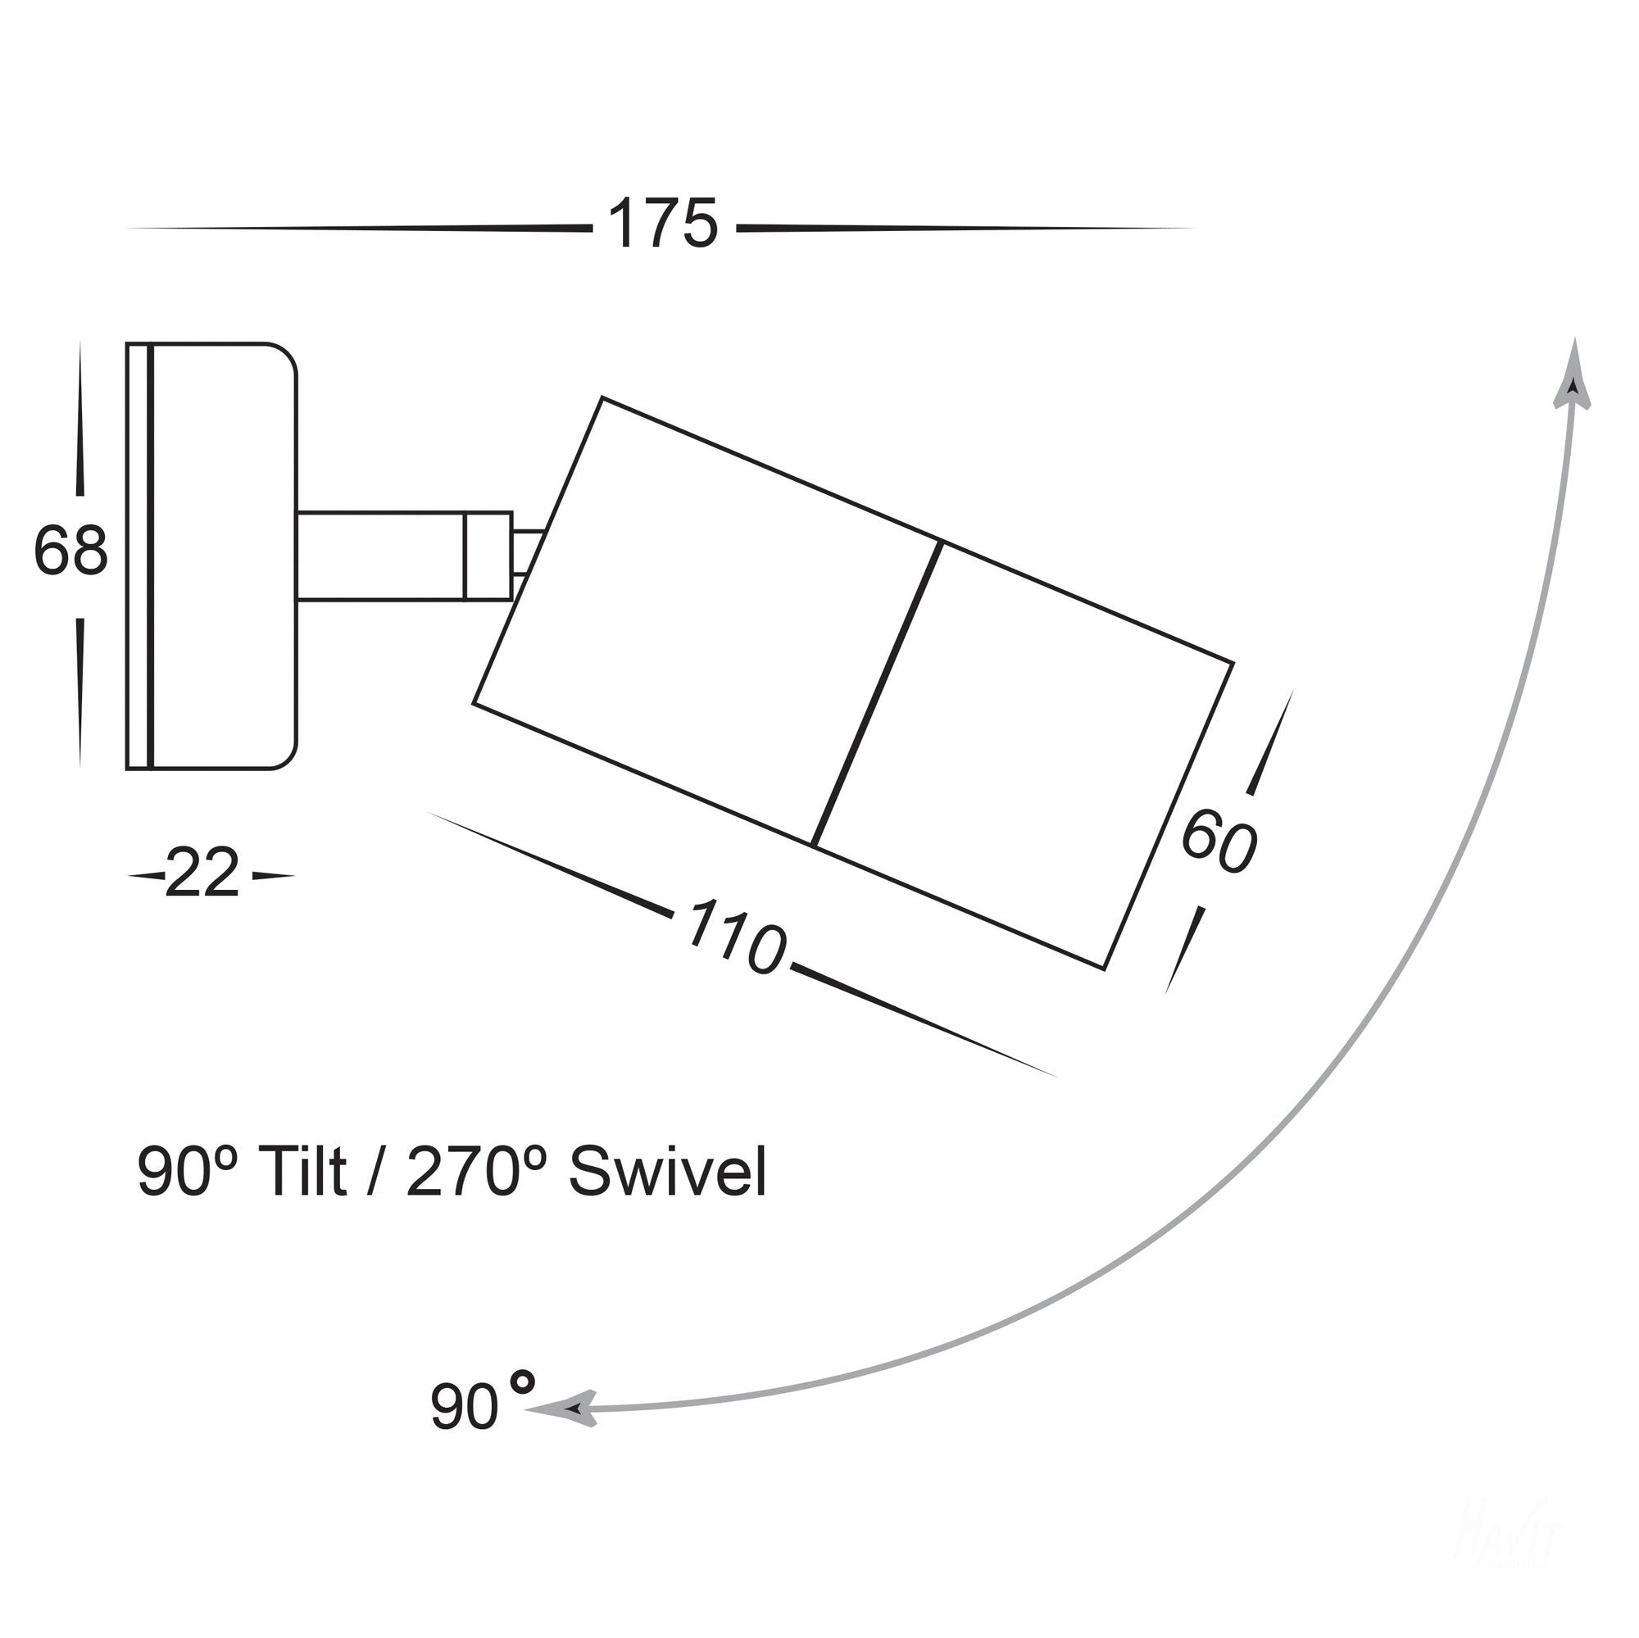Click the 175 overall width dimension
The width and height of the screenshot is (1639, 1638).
662,225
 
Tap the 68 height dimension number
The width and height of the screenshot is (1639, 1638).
70,551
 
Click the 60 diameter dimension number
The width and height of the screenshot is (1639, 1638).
1219,842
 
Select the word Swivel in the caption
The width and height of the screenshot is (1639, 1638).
668,1173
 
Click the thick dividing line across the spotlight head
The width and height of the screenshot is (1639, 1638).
876,693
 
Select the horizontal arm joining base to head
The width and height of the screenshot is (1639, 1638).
382,556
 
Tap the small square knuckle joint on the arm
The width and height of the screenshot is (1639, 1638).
488,556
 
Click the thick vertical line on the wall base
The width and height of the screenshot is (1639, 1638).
150,556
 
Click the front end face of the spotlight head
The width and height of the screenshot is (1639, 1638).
1168,814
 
